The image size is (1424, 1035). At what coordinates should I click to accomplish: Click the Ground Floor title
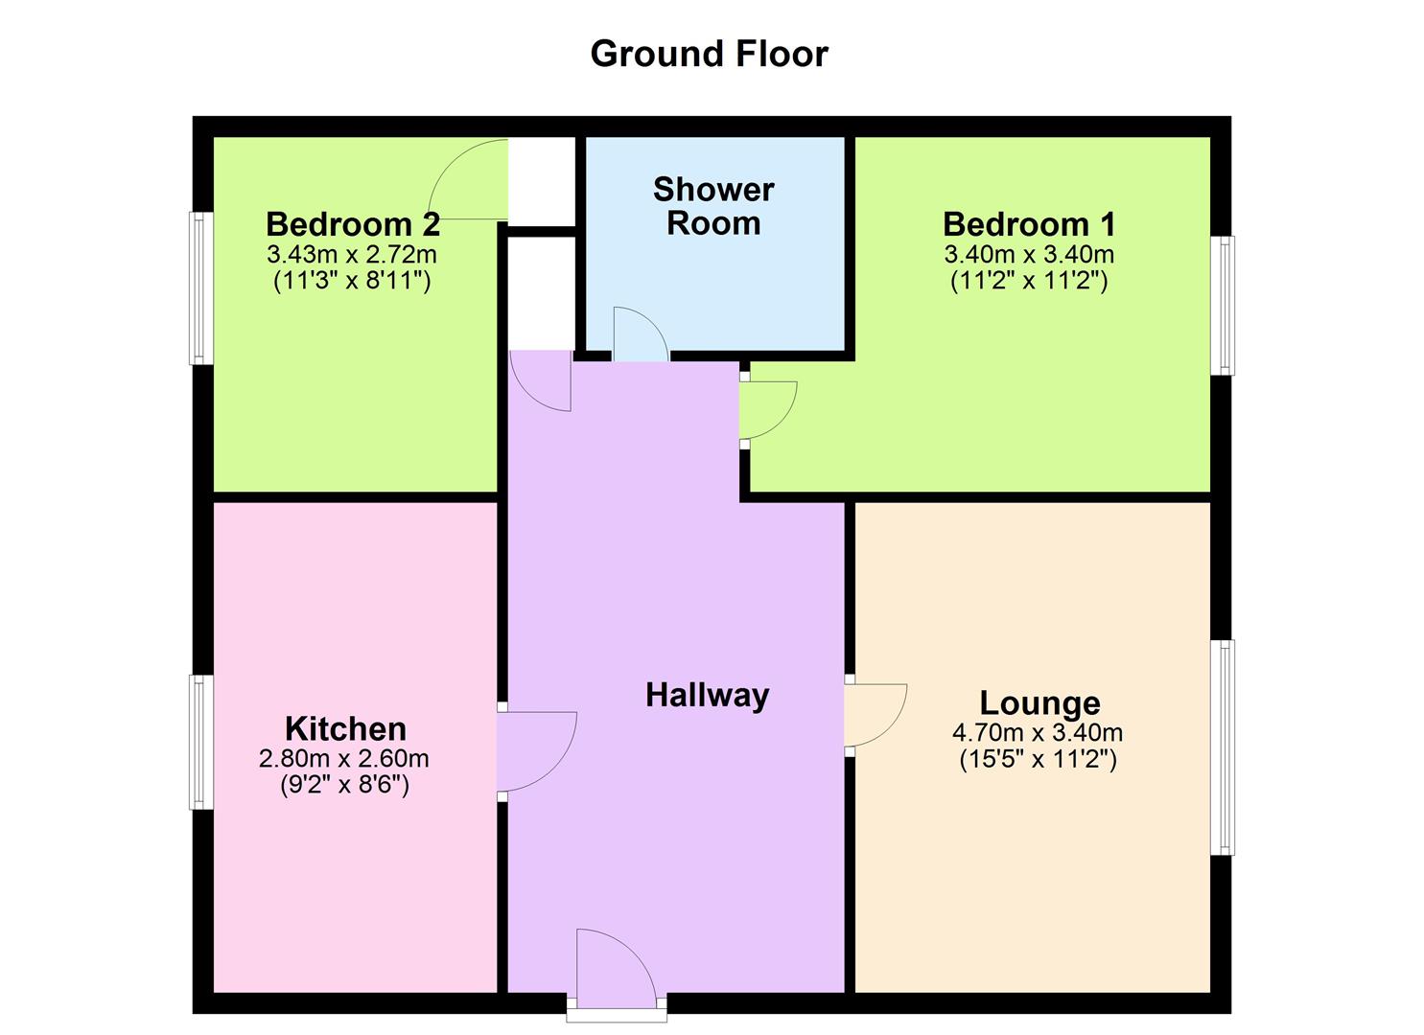coord(709,54)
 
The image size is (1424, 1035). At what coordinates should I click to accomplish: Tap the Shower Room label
coord(713,206)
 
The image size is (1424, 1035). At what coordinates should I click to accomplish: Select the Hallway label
coord(707,695)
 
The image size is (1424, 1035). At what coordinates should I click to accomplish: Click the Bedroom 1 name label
coord(1029,224)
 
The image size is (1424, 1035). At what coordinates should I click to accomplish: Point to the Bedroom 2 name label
coord(352,224)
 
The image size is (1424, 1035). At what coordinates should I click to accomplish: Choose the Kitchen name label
coord(345,728)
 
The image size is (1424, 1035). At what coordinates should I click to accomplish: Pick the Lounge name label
coord(1039,703)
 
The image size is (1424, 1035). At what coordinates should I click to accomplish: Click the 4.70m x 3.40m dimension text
coord(1038,733)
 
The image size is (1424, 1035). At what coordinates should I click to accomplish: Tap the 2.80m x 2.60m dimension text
coord(343,759)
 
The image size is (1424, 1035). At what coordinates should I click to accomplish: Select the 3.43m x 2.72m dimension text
coord(352,255)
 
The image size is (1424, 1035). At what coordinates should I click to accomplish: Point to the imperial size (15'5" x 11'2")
coord(1038,760)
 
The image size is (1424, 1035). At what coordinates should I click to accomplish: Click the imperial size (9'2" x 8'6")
coord(344,786)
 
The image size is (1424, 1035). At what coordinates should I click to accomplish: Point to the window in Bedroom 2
coord(200,287)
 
